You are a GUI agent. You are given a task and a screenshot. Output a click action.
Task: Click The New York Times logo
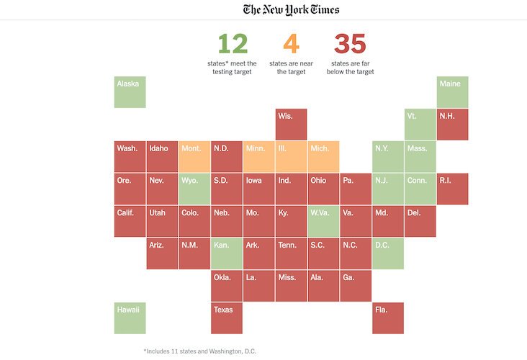[x=291, y=9]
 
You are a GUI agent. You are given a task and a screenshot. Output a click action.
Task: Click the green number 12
[x=233, y=44]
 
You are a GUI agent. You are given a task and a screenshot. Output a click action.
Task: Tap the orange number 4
[x=291, y=44]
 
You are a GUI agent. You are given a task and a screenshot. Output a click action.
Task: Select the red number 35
[x=351, y=44]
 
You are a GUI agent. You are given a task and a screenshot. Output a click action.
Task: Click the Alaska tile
[x=130, y=92]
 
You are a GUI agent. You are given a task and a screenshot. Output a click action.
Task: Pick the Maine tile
[x=453, y=92]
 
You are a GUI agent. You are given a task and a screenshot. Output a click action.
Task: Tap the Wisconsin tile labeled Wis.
[x=291, y=125]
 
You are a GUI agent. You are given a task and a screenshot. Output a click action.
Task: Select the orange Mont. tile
[x=194, y=156]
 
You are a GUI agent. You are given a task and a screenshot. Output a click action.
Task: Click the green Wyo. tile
[x=194, y=189]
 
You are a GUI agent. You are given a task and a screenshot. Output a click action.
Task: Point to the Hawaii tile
[x=130, y=318]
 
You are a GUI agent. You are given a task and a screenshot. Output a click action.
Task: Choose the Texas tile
[x=227, y=318]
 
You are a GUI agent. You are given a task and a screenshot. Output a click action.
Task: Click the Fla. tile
[x=388, y=318]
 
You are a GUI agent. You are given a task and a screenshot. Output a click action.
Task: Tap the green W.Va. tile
[x=323, y=221]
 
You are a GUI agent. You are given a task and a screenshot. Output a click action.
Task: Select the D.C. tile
[x=388, y=253]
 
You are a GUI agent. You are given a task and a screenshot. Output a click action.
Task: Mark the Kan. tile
[x=227, y=253]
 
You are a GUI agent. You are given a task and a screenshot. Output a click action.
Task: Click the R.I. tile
[x=453, y=189]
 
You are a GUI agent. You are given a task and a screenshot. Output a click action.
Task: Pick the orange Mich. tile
[x=323, y=156]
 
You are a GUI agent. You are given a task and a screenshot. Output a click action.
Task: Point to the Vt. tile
[x=420, y=125]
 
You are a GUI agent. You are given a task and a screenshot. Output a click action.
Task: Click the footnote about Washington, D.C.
[x=199, y=351]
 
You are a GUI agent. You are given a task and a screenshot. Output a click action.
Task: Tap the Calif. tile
[x=130, y=221]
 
